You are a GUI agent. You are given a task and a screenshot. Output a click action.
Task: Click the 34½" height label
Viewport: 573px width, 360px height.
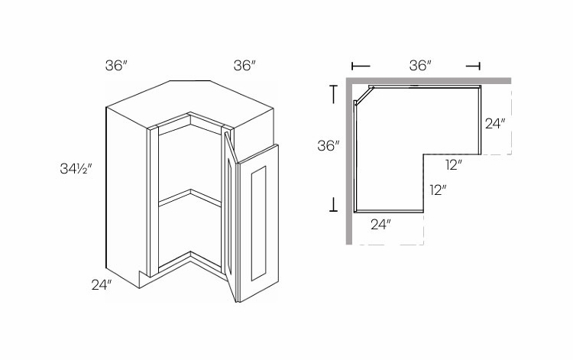click(x=73, y=166)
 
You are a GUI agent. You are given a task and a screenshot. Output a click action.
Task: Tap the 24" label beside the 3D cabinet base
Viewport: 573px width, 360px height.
click(x=102, y=286)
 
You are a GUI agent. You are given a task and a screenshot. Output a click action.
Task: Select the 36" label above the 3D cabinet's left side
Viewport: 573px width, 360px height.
click(x=116, y=66)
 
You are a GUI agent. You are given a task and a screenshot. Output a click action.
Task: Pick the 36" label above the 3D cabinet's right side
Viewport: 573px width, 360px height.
click(x=244, y=66)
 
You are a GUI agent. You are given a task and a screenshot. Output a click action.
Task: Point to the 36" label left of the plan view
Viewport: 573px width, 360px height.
click(x=328, y=146)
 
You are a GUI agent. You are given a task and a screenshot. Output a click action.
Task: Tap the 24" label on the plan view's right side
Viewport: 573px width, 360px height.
click(x=494, y=122)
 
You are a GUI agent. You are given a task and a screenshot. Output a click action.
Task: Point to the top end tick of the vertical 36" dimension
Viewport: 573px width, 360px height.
click(x=333, y=92)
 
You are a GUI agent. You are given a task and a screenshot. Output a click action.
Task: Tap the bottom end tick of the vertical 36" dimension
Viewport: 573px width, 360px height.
click(x=333, y=203)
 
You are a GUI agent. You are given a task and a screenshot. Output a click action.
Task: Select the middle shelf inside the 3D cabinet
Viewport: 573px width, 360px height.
click(x=187, y=198)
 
